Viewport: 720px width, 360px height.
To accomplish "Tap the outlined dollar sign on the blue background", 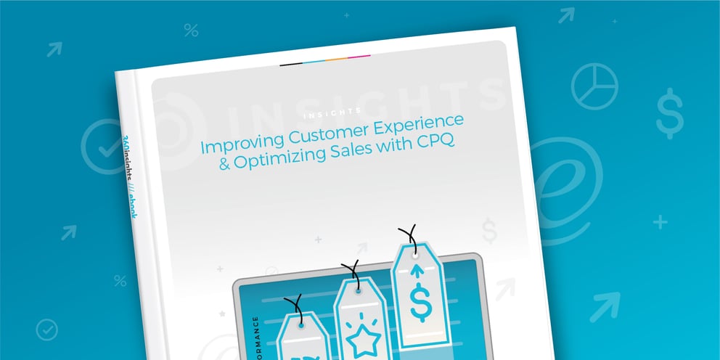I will point(668,113).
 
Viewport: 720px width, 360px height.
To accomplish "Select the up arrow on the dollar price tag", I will point(417,271).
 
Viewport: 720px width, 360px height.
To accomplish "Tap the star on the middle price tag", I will point(358,334).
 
